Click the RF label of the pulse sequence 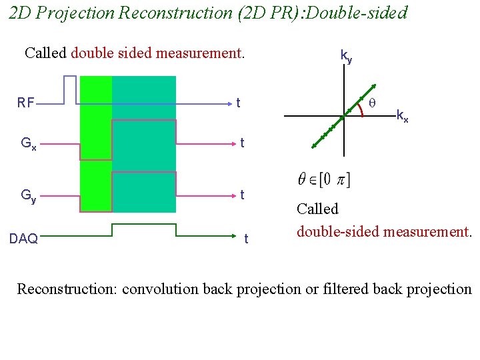point(26,103)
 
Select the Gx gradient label point(28,143)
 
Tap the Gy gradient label point(28,195)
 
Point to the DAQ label point(24,239)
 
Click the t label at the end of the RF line point(239,103)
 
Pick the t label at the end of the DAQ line point(246,239)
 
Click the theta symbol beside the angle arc point(373,103)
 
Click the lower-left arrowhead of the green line point(315,145)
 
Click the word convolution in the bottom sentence point(161,289)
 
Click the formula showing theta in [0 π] point(325,179)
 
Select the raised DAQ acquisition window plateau point(143,225)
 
